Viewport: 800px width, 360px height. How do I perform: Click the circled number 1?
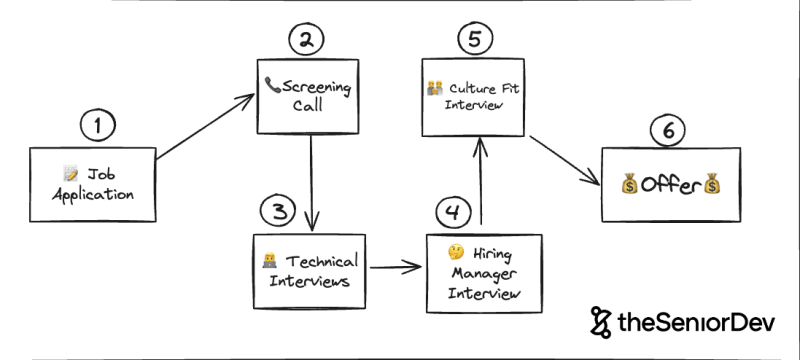pyautogui.click(x=98, y=126)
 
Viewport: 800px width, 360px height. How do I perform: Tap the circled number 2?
pyautogui.click(x=308, y=41)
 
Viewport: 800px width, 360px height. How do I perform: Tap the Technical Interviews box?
pyautogui.click(x=308, y=270)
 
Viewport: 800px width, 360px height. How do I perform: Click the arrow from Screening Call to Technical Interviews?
pyautogui.click(x=314, y=180)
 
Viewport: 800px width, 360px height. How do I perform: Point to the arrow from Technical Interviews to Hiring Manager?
pyautogui.click(x=394, y=268)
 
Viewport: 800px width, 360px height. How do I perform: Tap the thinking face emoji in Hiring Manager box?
pyautogui.click(x=455, y=252)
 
